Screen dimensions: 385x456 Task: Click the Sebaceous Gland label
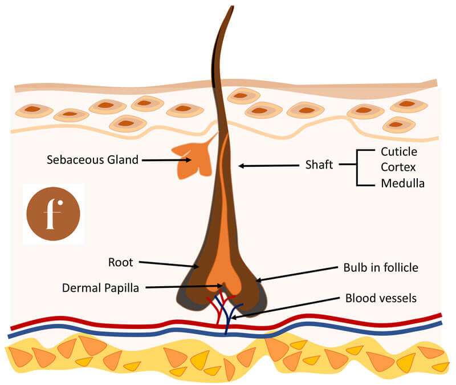pos(92,160)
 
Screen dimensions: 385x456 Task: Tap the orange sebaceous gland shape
pos(190,158)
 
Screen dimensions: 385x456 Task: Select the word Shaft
pos(319,166)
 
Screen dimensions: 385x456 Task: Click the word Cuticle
pos(398,152)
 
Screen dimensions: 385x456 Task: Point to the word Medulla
pos(402,183)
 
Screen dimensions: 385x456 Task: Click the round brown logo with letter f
pos(54,212)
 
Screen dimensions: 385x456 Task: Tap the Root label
pos(120,263)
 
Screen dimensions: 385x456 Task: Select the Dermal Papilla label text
pos(100,287)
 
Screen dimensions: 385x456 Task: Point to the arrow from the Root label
pos(169,265)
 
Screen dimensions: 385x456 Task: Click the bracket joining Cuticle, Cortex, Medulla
pos(357,167)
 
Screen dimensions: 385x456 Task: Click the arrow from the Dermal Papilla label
pos(182,287)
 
